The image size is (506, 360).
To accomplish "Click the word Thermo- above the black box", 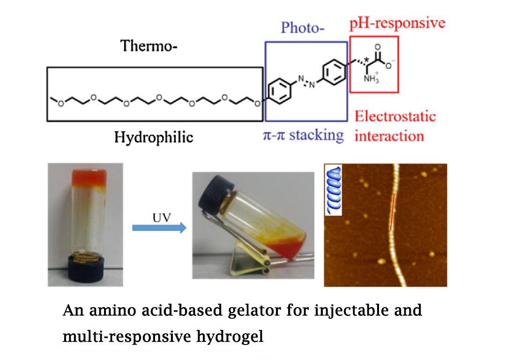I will click(149, 46).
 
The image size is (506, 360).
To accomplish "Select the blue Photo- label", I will click(304, 28).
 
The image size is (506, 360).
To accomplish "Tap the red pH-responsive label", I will click(397, 23).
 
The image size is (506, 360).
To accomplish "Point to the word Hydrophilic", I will click(154, 137).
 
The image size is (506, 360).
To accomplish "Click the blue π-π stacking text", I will click(303, 135).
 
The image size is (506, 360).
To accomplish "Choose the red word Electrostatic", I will click(395, 116).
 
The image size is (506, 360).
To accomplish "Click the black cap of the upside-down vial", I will click(84, 272).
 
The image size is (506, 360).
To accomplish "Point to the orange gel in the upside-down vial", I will click(85, 178).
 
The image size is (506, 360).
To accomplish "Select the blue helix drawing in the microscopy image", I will click(335, 190).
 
